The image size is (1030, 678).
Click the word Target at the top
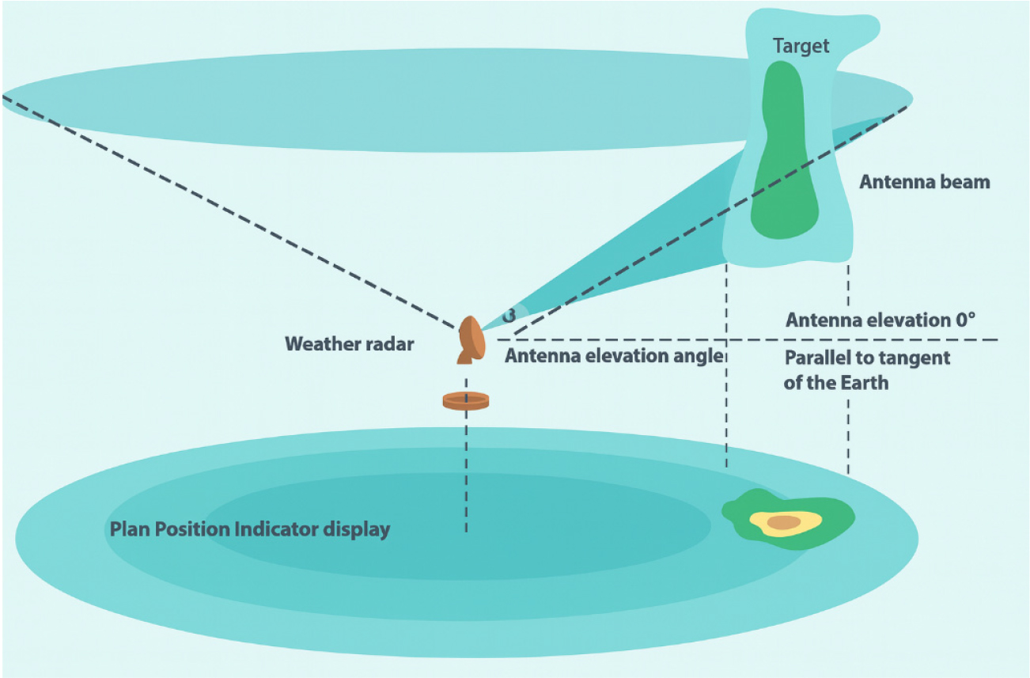(801, 46)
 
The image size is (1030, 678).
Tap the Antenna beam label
(924, 182)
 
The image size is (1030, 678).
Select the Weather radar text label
(349, 344)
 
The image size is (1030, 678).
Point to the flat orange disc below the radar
(466, 401)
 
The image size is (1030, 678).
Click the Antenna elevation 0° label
(880, 320)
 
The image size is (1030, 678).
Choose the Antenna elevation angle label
(614, 356)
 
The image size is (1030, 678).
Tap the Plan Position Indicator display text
(250, 528)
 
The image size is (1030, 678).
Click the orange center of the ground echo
(784, 522)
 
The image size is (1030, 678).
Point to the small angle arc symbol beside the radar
(509, 314)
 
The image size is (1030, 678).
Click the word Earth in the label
(862, 384)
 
